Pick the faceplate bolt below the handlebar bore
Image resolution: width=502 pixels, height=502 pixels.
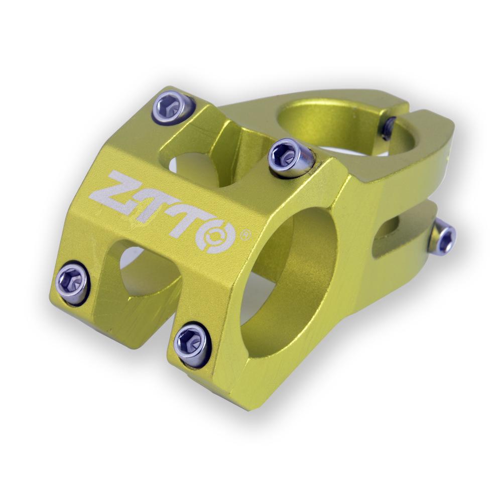[x=192, y=345]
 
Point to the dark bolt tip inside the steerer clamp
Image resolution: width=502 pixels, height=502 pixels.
[x=388, y=129]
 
